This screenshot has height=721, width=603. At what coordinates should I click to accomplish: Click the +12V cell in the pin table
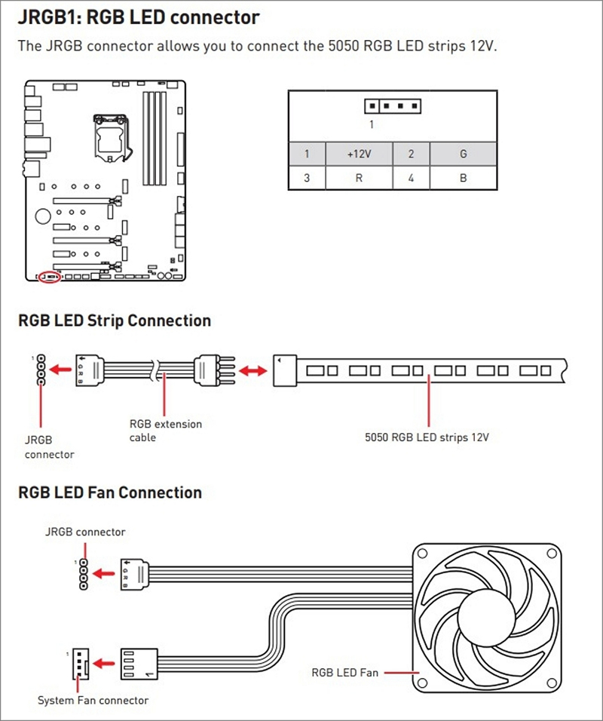[359, 154]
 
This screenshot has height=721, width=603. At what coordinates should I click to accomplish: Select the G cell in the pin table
[463, 154]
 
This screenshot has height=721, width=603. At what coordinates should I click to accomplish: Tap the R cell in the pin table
[359, 178]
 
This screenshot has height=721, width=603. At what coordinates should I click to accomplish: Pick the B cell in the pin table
[463, 178]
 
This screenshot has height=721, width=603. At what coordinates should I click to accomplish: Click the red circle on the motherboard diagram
[50, 277]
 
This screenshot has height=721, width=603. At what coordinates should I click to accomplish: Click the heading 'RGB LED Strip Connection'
[114, 321]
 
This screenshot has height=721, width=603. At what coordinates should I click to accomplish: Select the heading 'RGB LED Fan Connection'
[109, 492]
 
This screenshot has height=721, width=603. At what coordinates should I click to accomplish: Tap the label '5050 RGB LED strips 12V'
[427, 437]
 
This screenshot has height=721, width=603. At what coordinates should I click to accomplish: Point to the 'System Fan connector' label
[93, 700]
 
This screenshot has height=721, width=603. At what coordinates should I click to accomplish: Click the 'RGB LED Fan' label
[344, 671]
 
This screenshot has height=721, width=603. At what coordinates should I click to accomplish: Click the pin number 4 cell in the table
[411, 178]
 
